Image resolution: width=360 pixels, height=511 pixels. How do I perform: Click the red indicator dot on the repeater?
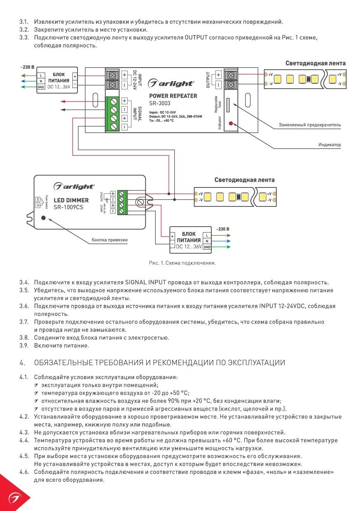coord(231,123)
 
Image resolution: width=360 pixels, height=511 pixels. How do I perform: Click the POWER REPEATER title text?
coord(173,96)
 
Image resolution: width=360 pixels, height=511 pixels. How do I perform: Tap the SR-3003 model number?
coord(160,104)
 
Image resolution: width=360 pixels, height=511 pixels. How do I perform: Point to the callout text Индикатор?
coord(329,145)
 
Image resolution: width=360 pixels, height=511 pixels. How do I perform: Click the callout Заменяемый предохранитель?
coord(310,124)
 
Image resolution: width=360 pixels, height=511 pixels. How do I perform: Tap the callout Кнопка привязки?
coord(109,240)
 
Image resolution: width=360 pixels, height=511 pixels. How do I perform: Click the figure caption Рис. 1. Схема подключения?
coord(182,263)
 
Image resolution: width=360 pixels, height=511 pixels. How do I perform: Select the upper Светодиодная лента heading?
coord(316,63)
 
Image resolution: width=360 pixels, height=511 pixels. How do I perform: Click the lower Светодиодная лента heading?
coord(244,180)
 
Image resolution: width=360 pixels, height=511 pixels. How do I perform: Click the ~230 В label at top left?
coord(28,67)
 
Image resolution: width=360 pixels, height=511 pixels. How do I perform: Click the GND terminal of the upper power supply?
coord(41,87)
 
